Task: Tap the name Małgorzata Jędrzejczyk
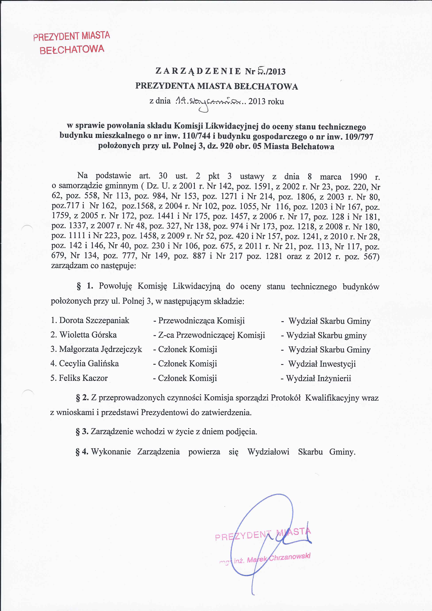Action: pos(100,349)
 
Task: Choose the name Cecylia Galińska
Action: pos(89,363)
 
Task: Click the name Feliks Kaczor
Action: pos(83,378)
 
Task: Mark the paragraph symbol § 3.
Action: pos(82,431)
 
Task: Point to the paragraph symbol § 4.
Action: pos(82,452)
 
